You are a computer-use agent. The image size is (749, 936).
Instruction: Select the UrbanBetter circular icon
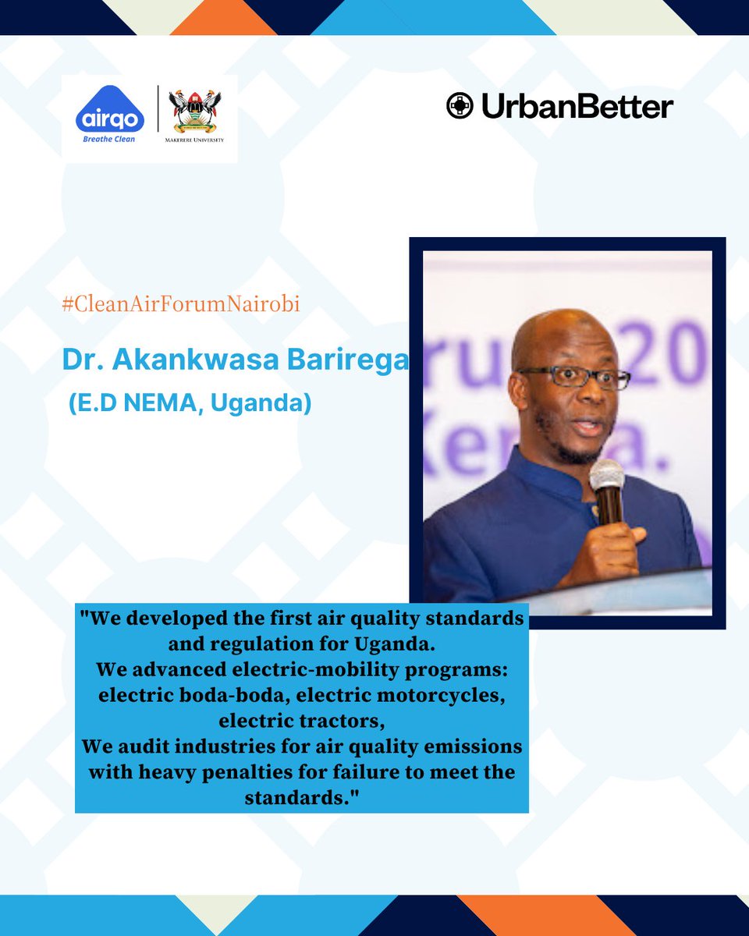pos(460,106)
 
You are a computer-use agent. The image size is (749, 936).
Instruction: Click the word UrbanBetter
pos(577,107)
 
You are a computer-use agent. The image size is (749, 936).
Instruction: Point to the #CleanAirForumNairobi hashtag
pos(181,305)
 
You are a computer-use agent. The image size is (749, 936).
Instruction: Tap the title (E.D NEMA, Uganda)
pos(190,405)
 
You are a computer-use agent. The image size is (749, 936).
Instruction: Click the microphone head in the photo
pos(606,473)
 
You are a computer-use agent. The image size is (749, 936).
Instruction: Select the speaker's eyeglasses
pos(573,378)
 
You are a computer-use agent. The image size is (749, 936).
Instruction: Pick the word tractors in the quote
pos(340,720)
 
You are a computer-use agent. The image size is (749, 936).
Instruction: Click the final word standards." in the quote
pos(301,798)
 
